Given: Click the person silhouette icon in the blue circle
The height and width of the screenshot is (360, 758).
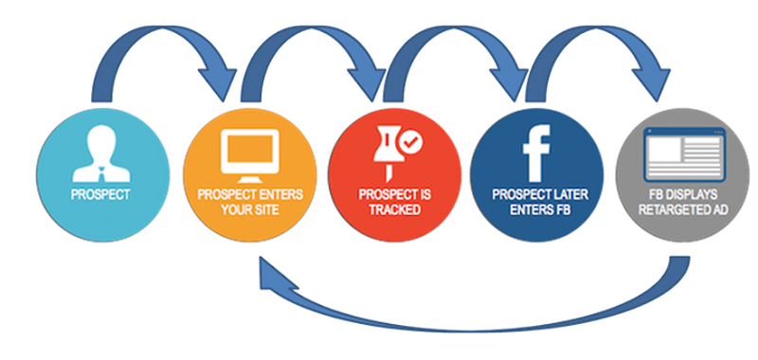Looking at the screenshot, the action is tap(101, 153).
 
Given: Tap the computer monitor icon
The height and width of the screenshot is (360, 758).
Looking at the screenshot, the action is tap(249, 153).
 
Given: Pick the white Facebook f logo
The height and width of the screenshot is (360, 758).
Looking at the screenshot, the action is tap(536, 153).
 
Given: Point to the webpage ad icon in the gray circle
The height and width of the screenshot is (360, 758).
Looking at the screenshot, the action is tap(685, 154).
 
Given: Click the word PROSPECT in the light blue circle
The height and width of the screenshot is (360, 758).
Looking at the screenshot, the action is tap(100, 195).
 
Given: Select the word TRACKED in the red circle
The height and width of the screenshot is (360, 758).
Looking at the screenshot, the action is tap(394, 209).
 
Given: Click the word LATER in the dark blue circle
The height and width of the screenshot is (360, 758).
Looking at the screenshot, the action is tap(571, 195).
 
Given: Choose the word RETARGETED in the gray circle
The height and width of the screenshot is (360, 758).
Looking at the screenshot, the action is tap(676, 209).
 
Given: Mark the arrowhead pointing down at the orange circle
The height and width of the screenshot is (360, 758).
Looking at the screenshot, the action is tap(219, 82).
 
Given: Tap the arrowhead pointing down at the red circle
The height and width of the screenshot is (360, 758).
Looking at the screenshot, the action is tap(369, 82).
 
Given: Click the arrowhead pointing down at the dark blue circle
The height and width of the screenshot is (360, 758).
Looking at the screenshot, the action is tap(510, 82).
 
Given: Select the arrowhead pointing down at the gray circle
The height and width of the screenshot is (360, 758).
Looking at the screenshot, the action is tap(652, 82).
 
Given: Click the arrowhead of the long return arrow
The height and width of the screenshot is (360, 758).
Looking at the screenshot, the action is tap(273, 276).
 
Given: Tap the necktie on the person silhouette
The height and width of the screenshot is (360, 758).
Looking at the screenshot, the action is tap(101, 173).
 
